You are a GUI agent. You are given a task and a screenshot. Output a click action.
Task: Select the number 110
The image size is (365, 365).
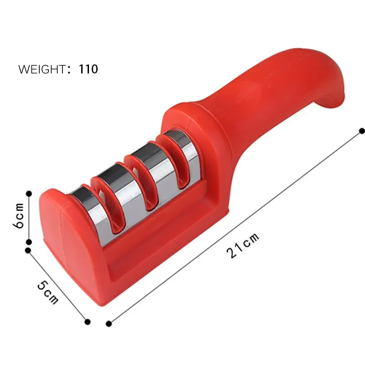point(88,69)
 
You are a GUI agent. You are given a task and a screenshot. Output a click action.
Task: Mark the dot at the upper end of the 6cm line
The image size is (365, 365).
point(29,194)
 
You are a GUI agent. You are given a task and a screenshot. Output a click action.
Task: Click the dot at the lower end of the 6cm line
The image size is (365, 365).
point(29,242)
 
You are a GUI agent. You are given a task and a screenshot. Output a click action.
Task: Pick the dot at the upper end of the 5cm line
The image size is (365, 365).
point(28,250)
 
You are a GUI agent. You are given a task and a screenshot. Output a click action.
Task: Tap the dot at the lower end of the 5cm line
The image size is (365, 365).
point(88,322)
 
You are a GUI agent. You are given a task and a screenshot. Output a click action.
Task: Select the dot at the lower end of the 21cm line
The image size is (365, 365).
point(109,324)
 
